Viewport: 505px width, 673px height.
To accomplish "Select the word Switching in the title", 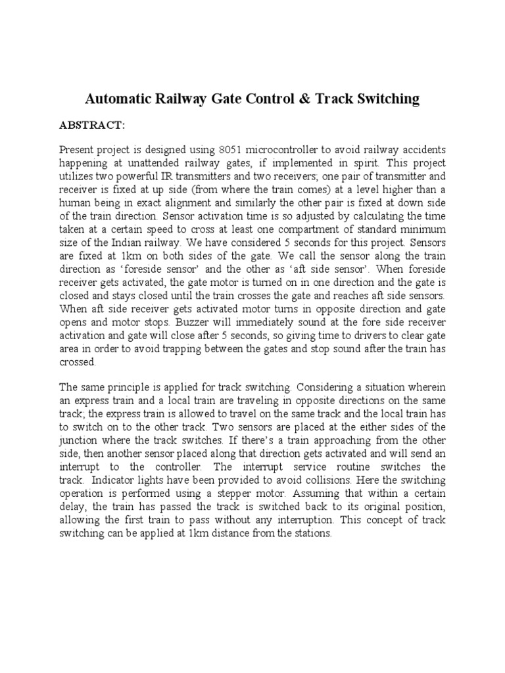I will pos(386,99).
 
